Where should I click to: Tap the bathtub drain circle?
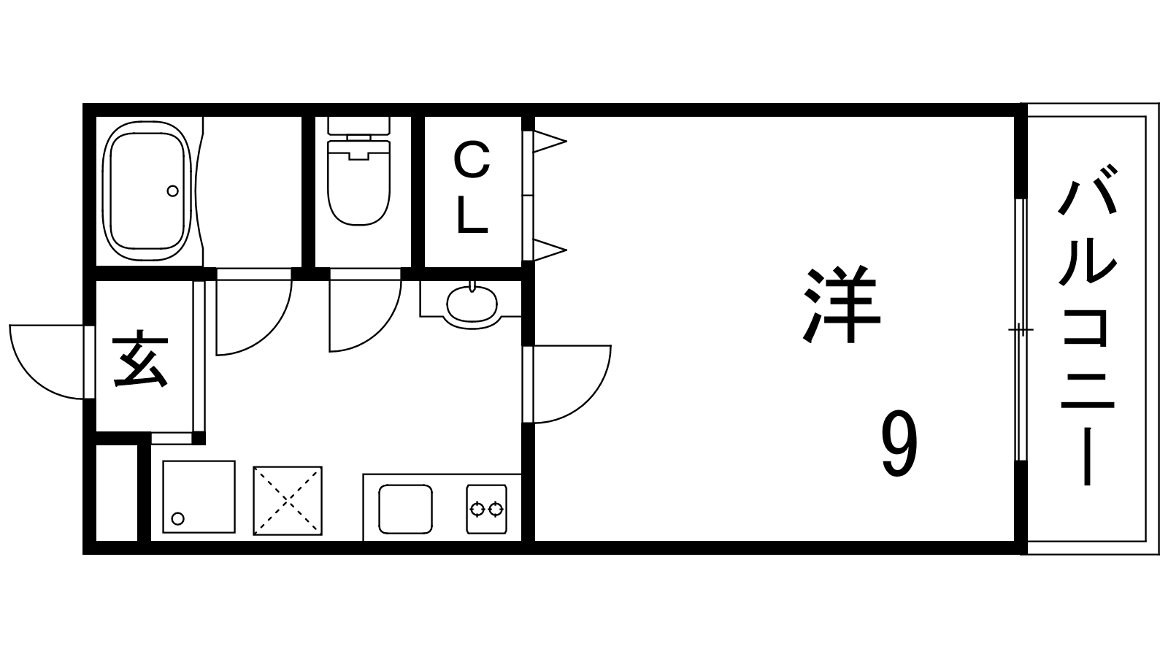(172, 191)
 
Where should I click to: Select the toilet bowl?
(358, 182)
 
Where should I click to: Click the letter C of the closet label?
(472, 161)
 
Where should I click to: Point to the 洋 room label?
(841, 306)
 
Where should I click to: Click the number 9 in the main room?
(899, 443)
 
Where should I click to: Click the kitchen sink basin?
(406, 509)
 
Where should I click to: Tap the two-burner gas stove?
(486, 509)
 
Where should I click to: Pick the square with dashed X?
(288, 501)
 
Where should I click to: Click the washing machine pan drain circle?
(178, 519)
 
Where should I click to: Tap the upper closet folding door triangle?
(550, 142)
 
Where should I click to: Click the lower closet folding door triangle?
(550, 250)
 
